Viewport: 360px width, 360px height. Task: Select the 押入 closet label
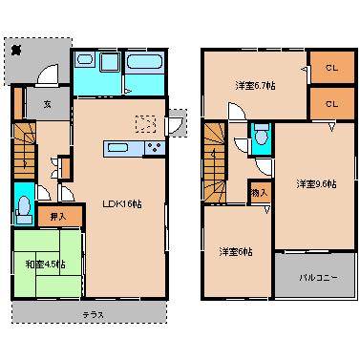[59, 217]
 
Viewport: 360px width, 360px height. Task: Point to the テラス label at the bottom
[94, 314]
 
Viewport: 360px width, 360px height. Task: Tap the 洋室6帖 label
[235, 251]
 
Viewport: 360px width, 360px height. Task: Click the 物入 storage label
[260, 192]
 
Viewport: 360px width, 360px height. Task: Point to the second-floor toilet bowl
[261, 137]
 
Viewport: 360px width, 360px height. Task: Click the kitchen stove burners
[153, 147]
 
